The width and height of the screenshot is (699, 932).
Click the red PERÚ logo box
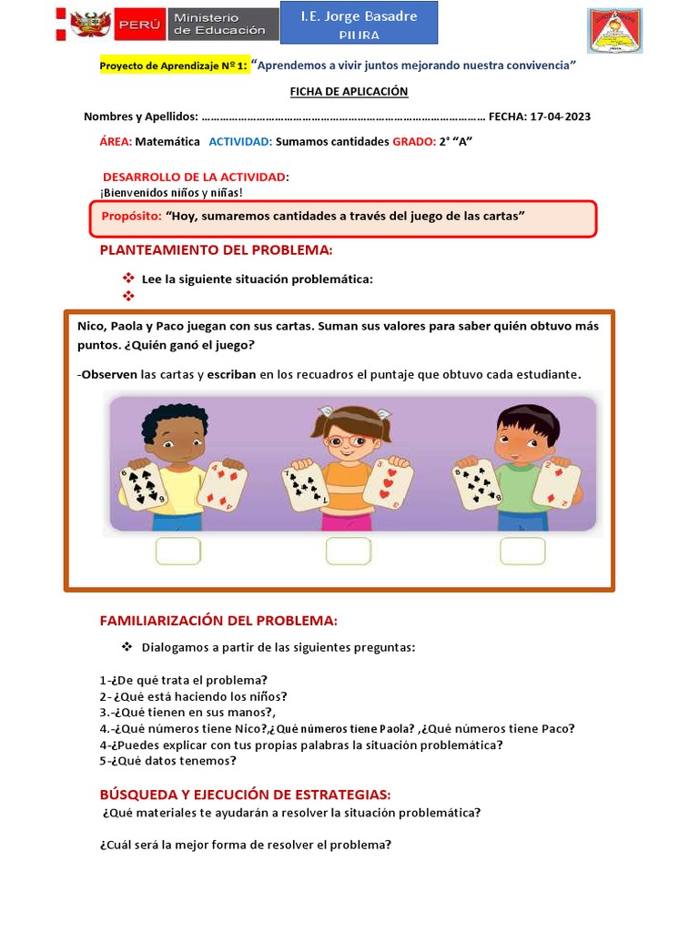tap(139, 25)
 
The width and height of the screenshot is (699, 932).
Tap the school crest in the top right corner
tap(614, 31)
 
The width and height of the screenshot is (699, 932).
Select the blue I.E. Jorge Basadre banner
tap(359, 23)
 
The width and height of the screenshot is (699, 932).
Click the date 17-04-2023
tap(561, 117)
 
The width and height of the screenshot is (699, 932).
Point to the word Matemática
tap(167, 142)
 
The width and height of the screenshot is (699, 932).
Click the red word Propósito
tap(131, 217)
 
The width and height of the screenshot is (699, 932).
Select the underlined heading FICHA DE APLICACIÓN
tap(349, 92)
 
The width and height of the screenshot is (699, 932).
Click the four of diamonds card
tap(222, 484)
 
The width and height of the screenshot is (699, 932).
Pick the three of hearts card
tap(388, 482)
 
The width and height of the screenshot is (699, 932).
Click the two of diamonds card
tap(556, 484)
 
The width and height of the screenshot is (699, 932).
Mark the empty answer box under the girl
tap(349, 551)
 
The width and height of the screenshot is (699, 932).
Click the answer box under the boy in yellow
tap(178, 551)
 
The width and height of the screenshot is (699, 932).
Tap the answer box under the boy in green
tap(522, 551)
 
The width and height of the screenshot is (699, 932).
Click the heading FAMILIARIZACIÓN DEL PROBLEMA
tap(218, 621)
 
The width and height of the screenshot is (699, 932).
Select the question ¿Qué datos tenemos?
tap(174, 761)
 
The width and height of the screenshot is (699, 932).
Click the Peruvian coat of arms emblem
tap(90, 25)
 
